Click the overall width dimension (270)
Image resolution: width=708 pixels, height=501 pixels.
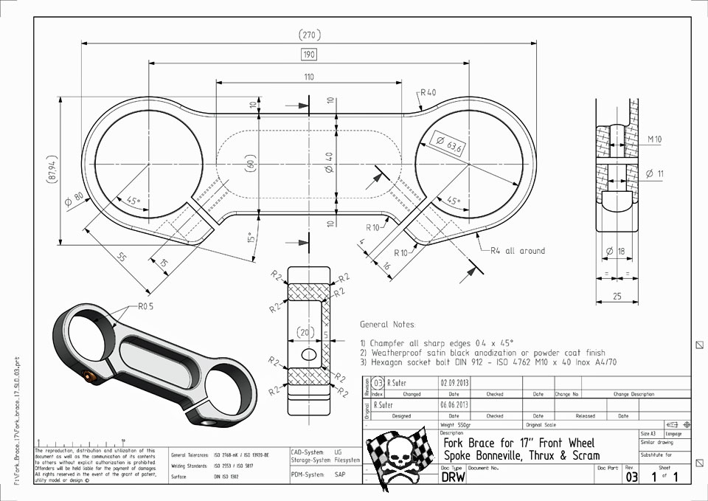tap(308, 35)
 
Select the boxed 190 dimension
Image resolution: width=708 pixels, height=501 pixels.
tap(308, 54)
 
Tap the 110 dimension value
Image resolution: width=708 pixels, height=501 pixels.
tap(308, 76)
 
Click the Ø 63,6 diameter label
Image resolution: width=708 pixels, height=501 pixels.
tap(450, 145)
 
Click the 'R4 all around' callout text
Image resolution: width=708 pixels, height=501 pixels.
tap(518, 251)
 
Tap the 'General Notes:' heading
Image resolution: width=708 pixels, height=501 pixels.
tap(387, 324)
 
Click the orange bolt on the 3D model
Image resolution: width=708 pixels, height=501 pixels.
tap(91, 378)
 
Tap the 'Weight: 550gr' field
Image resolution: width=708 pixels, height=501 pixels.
tap(458, 425)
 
